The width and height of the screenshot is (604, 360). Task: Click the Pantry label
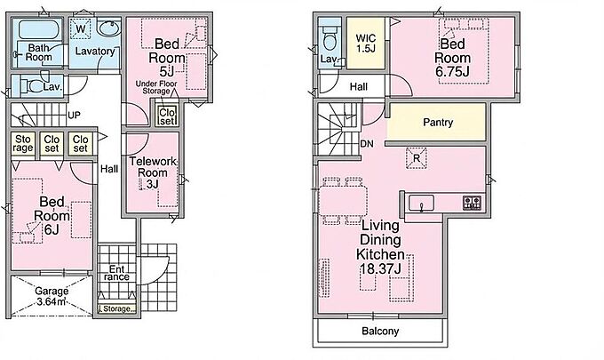438,123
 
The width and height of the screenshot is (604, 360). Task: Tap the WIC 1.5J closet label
366,44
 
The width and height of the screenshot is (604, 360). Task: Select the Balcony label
380,331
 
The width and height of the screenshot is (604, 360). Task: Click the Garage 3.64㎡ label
52,296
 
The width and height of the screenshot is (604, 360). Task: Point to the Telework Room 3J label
153,172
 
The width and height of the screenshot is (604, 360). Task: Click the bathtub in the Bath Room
38,30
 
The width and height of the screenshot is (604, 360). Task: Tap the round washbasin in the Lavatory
108,29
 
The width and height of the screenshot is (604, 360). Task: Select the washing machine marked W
81,29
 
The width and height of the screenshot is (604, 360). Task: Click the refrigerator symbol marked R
417,158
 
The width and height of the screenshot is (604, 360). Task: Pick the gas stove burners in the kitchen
472,203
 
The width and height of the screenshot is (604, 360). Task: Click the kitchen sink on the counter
421,204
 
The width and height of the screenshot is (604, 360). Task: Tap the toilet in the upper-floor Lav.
330,39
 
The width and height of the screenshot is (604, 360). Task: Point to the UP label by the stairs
74,116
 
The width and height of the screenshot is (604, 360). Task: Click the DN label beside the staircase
367,144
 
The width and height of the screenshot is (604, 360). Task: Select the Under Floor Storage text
156,87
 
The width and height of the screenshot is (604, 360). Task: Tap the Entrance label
116,273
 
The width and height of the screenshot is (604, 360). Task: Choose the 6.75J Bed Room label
453,58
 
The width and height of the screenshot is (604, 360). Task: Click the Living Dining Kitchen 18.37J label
380,247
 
